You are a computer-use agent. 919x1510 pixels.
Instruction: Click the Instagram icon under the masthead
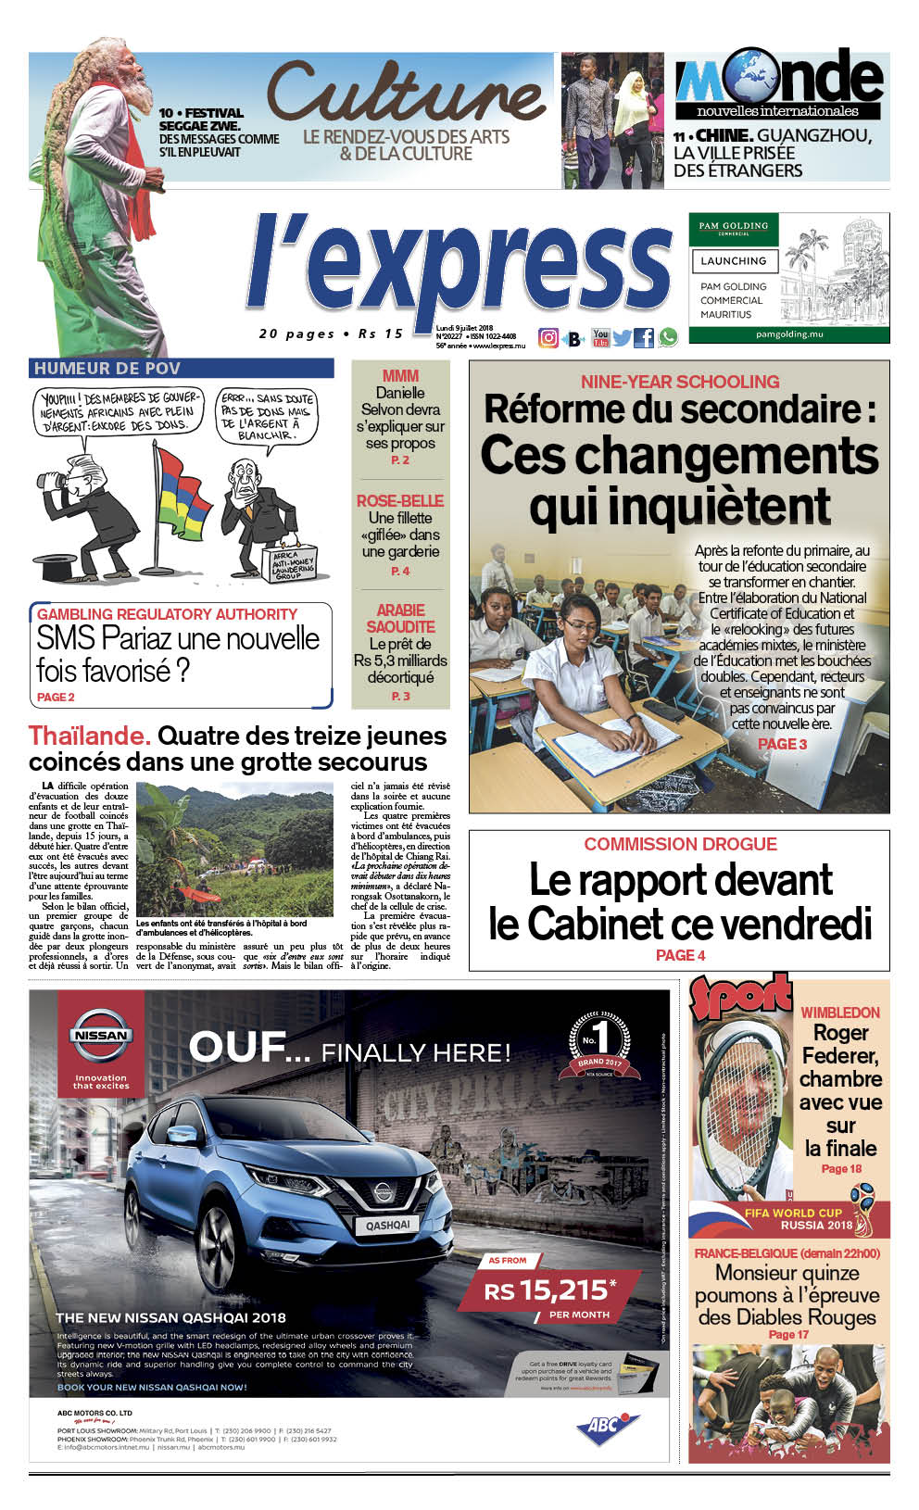[x=548, y=338]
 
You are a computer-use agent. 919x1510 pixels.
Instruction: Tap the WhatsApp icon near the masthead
[x=667, y=338]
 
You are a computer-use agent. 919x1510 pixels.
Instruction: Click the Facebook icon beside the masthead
[x=644, y=338]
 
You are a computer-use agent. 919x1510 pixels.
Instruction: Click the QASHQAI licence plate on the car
[x=387, y=1225]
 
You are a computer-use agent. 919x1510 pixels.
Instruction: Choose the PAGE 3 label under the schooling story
[x=782, y=744]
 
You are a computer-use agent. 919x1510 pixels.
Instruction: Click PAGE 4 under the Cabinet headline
[x=680, y=955]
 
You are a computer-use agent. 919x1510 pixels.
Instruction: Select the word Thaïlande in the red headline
[x=89, y=736]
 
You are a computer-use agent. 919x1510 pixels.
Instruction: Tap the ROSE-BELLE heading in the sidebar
[x=400, y=500]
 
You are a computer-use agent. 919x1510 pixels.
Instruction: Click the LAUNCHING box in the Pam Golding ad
[x=733, y=261]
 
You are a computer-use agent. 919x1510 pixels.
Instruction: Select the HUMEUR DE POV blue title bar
[x=181, y=369]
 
